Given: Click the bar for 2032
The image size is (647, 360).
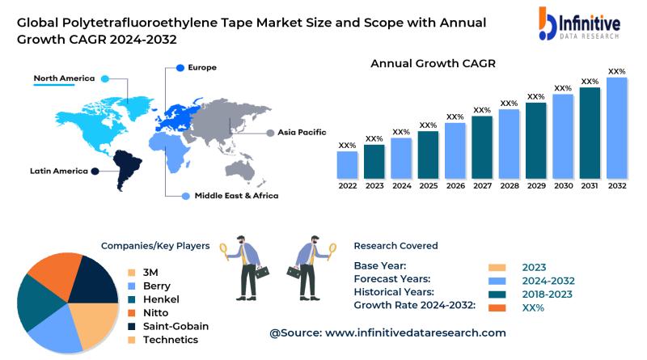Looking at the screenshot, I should coord(617,128).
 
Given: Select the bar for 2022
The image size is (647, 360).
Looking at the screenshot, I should coord(348,165).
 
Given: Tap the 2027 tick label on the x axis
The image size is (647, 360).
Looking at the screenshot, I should coord(482,186).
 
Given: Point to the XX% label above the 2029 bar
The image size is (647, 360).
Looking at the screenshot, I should coord(535,97).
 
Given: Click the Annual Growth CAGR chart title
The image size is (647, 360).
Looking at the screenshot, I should coord(433,63).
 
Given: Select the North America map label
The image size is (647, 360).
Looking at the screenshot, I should coord(64,78).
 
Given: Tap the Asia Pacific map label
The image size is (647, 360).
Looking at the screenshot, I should coord(302,132).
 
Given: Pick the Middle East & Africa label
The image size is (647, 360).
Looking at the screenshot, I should coord(236,196).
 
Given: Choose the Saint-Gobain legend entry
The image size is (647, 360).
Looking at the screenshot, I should coord(175,326).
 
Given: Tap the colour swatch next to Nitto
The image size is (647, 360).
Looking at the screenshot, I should coord(133,312).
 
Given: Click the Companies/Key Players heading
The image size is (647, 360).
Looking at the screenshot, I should coord(155,246).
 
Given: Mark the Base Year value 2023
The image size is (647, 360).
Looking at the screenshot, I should coord(534,268).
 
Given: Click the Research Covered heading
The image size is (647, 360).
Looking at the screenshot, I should coord(395,246).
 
